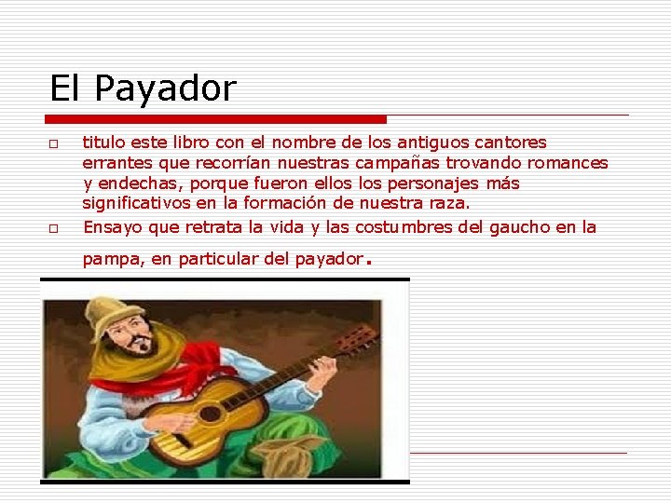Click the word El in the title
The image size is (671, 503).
(64, 89)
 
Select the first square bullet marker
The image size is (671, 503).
(54, 143)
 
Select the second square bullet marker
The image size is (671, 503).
(54, 227)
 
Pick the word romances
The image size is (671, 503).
(569, 163)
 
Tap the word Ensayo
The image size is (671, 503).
(112, 227)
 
